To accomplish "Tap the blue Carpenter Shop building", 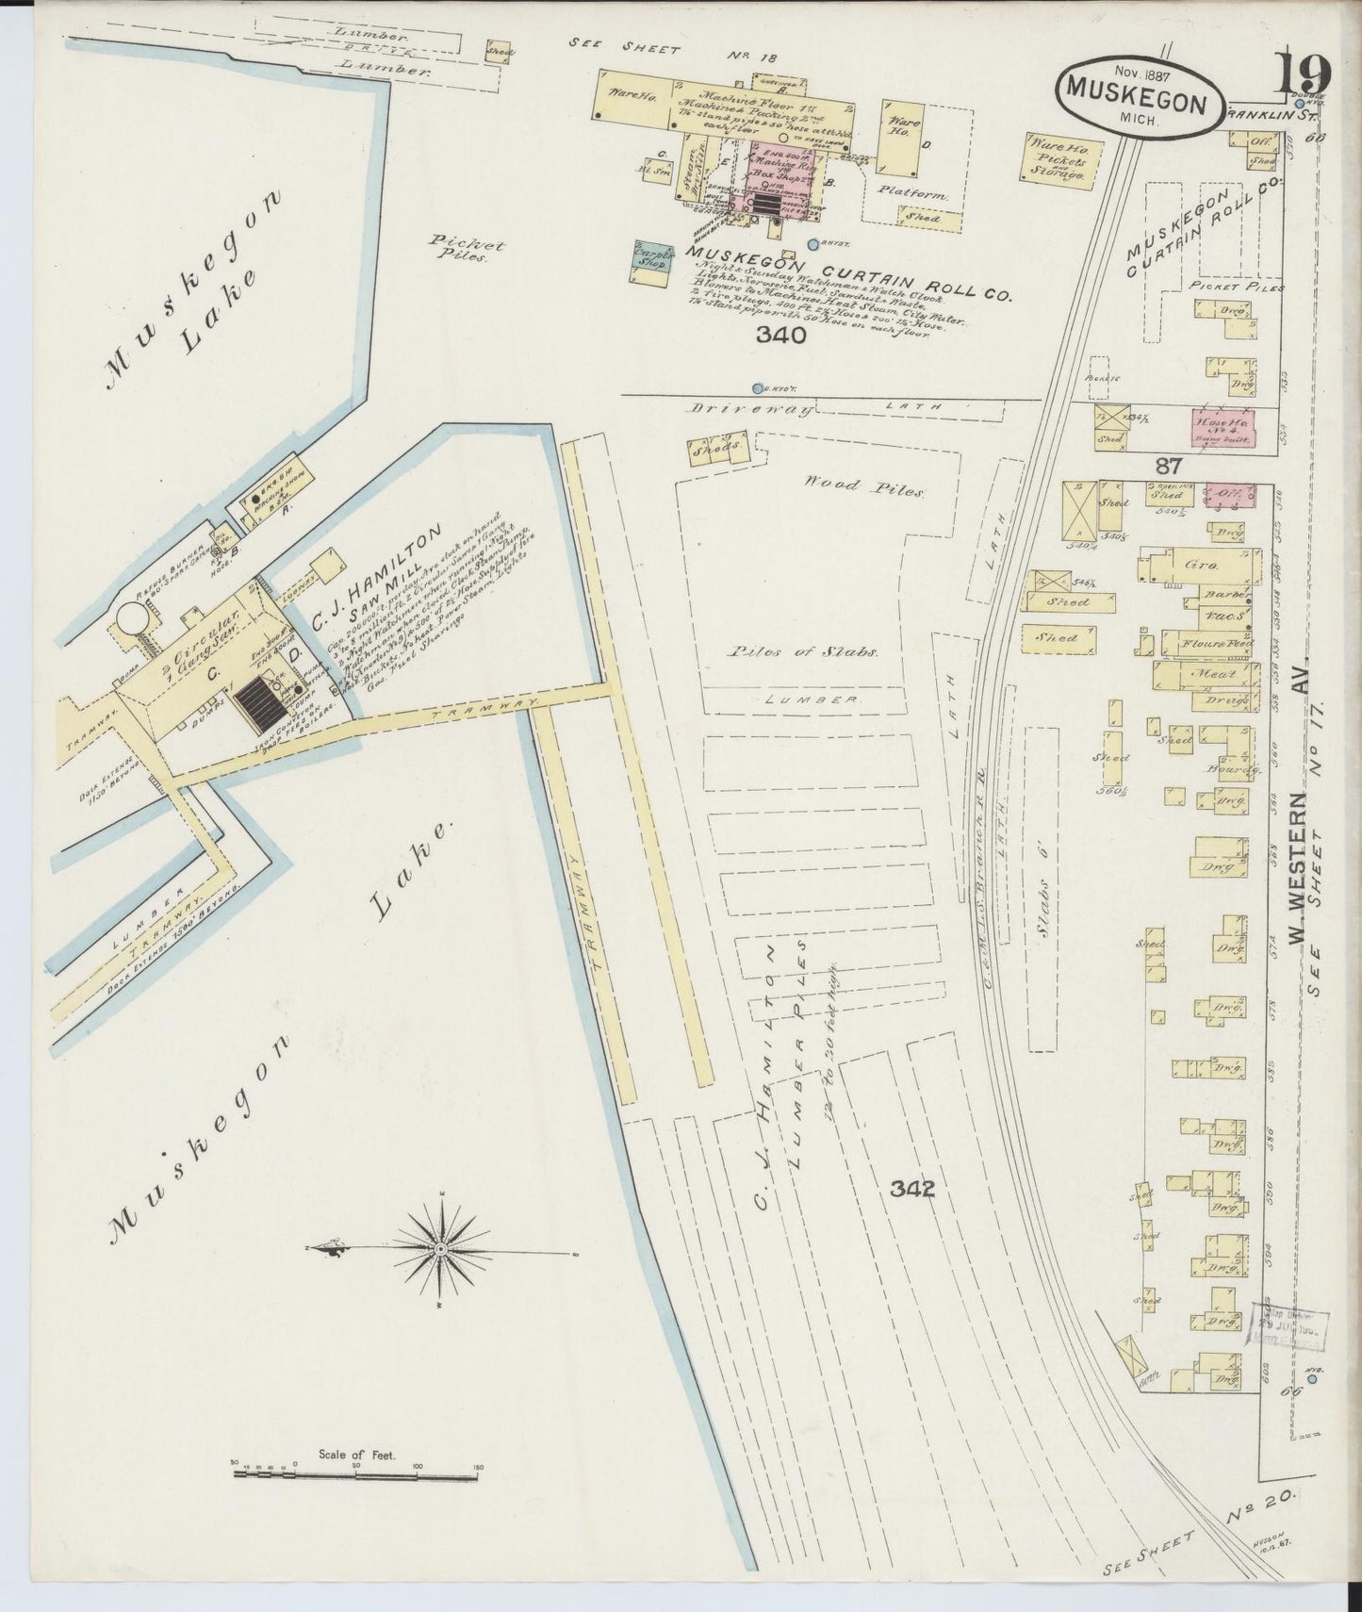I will click(651, 258).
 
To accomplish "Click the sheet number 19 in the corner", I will click(1304, 74).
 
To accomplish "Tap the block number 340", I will click(781, 336).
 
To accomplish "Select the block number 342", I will click(912, 1190).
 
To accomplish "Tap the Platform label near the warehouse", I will click(911, 195).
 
